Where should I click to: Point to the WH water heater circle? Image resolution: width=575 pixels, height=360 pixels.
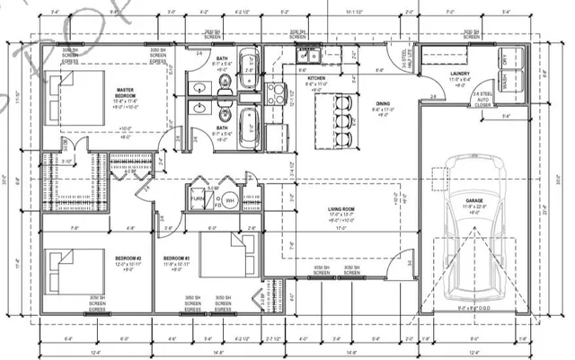click(x=229, y=200)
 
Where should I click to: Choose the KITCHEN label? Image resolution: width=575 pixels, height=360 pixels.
click(x=316, y=78)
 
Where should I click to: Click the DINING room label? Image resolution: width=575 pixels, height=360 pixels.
click(x=382, y=103)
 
